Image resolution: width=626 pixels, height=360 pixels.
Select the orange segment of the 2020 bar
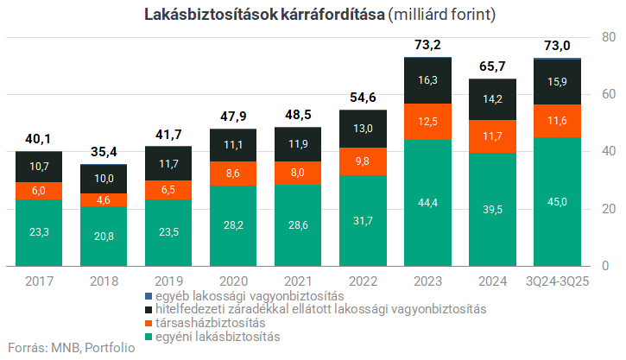point(233,174)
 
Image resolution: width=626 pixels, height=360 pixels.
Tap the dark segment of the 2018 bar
point(104,178)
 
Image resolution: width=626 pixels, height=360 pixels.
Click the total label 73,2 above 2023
point(427,45)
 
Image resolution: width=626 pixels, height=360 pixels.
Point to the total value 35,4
point(104,152)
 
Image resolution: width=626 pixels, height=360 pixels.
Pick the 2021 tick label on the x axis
point(298,281)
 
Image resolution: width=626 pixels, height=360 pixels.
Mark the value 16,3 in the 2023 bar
point(427,80)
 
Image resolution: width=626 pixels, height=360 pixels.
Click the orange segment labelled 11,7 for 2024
point(492,136)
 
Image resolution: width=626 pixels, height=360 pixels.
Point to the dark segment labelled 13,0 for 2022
point(363,129)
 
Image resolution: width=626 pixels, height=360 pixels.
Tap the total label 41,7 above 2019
point(168,135)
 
